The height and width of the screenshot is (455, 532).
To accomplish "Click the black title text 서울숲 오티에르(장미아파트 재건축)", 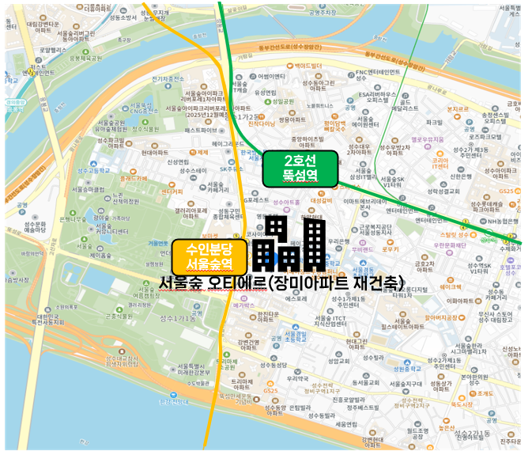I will pyautogui.click(x=281, y=282).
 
